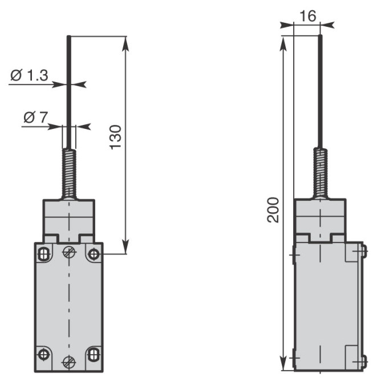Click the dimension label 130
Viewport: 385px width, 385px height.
(115, 137)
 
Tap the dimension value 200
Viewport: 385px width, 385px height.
(273, 210)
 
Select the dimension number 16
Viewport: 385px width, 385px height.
(308, 16)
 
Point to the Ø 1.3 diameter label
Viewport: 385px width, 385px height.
(29, 75)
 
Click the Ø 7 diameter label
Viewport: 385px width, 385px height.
(35, 117)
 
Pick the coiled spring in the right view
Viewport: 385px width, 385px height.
(321, 173)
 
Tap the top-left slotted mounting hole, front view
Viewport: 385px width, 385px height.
(44, 254)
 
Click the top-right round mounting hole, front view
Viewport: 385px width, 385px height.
(94, 254)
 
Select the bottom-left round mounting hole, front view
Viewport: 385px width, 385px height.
(44, 354)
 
